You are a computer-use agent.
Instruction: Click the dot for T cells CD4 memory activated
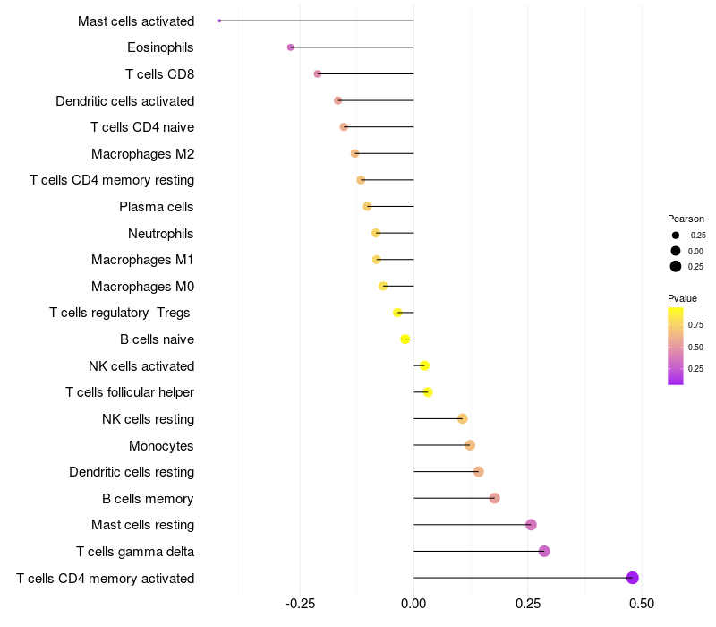[x=632, y=578]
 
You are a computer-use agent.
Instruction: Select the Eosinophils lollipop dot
[x=290, y=47]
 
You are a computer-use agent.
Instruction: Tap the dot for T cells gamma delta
[x=544, y=551]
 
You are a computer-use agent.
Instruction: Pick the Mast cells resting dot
[x=531, y=525]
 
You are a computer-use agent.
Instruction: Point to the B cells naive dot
[x=405, y=339]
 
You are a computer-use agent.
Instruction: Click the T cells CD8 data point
[x=318, y=73]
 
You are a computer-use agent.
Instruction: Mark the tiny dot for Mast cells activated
[x=219, y=21]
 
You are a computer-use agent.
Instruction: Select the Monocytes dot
[x=470, y=445]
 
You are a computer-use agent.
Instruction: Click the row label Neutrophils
[x=161, y=234]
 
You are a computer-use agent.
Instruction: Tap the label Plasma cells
[x=157, y=207]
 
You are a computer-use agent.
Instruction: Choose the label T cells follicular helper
[x=130, y=392]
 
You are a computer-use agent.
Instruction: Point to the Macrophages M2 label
[x=142, y=154]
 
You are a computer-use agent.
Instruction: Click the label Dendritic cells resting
[x=132, y=472]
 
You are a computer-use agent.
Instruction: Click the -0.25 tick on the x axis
[x=300, y=605]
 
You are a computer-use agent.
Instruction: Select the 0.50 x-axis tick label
[x=641, y=605]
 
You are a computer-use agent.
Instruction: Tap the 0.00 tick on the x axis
[x=413, y=605]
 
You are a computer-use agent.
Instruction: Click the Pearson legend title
[x=686, y=219]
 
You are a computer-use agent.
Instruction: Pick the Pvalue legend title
[x=682, y=298]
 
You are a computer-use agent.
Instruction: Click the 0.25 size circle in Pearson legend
[x=676, y=266]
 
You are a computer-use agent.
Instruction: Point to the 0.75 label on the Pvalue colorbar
[x=695, y=324]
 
